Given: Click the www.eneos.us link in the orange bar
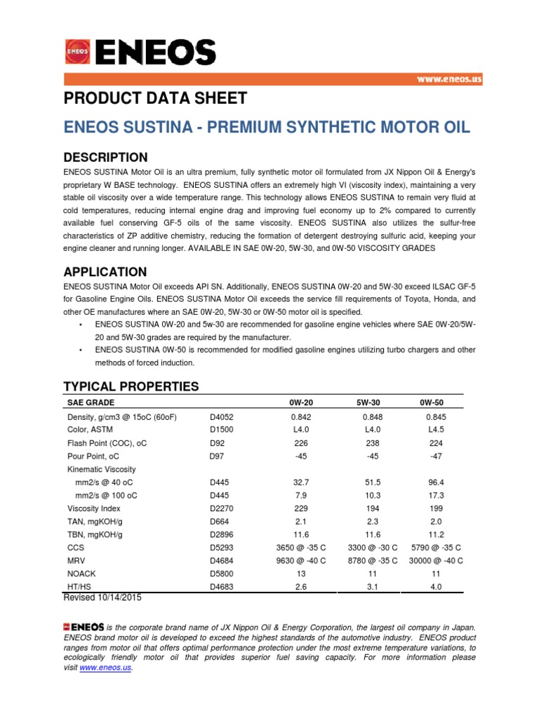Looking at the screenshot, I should coord(449,80).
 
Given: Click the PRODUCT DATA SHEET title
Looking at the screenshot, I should coord(155,98).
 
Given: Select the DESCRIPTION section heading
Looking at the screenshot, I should coord(105,157).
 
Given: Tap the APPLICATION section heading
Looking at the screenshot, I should coord(105,272).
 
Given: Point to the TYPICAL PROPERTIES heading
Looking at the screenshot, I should coord(131,386).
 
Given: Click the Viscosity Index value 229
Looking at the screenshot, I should coord(300,508).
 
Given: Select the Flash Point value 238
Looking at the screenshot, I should coord(367,442).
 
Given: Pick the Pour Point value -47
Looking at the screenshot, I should coord(435,456).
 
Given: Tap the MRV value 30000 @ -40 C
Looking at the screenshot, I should coord(435,561).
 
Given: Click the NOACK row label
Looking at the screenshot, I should coord(81,574).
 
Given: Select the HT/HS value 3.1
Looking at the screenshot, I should coord(367,588).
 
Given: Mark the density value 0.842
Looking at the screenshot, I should coord(300,416).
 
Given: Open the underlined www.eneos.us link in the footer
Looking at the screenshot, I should coord(105,668).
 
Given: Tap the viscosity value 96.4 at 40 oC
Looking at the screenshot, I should coord(435,482).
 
